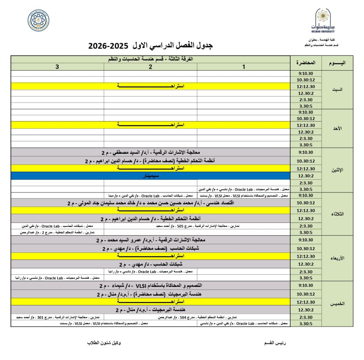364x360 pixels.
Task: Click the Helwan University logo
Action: [323, 21]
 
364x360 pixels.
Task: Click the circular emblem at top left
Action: [38, 20]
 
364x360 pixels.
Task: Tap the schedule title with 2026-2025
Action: [150, 46]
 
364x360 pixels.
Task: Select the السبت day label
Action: [337, 90]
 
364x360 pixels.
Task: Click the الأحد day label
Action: [337, 128]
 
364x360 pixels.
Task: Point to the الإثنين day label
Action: [337, 170]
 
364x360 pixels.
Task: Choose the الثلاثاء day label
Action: [337, 214]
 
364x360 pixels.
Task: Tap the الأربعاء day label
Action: [337, 258]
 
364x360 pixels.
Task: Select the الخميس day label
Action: [337, 304]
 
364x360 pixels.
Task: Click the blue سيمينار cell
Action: [151, 176]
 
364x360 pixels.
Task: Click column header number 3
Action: [57, 67]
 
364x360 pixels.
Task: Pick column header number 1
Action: [244, 67]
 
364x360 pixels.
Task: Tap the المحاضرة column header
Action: [306, 63]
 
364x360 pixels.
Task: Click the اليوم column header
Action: [337, 63]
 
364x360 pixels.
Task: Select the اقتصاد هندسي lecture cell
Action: [151, 203]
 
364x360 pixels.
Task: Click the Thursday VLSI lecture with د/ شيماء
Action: [151, 286]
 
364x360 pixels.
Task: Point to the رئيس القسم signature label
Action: [275, 343]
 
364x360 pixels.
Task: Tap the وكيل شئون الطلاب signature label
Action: [104, 343]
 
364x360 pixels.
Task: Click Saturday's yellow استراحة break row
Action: [151, 86]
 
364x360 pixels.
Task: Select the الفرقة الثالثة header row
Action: [151, 59]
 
